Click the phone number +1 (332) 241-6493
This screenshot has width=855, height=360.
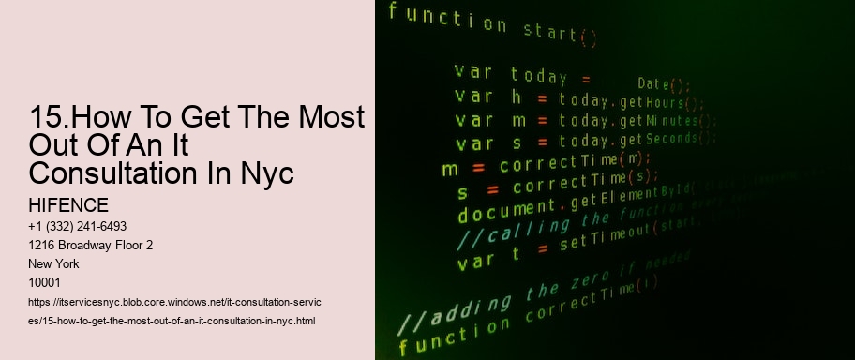(x=79, y=226)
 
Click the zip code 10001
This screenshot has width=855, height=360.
(x=47, y=282)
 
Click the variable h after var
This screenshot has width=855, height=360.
(x=515, y=97)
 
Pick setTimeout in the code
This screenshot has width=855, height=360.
(x=598, y=242)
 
